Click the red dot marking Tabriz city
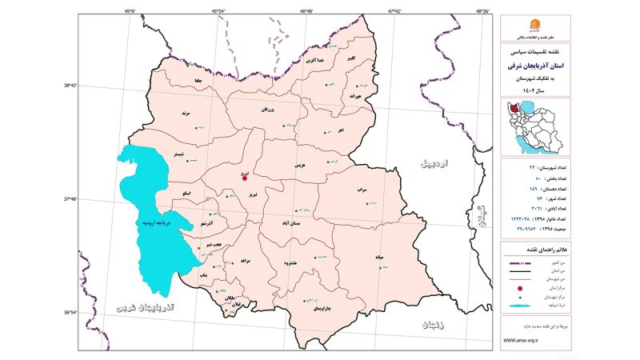tap(244, 178)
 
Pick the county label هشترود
tap(292, 262)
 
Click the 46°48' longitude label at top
tap(307, 11)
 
